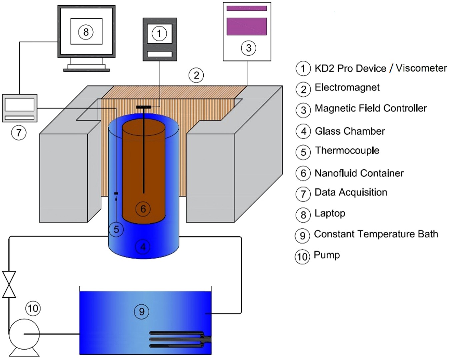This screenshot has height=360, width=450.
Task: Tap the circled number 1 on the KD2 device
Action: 159,33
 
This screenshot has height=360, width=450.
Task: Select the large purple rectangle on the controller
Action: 247,26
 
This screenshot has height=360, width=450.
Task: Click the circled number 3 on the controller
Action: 248,48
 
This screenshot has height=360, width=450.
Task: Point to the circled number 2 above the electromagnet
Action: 196,75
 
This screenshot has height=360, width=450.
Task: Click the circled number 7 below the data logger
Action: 19,133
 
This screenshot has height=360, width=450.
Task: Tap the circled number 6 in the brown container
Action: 143,209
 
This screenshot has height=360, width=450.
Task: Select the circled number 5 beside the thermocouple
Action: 116,230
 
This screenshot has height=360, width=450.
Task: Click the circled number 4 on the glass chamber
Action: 143,247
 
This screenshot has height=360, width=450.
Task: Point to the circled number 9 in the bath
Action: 142,312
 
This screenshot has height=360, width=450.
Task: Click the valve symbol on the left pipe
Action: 9,284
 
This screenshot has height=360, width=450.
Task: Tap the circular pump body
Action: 24,334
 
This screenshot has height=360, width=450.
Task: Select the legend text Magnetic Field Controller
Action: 370,108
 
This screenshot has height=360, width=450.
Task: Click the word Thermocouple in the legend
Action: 347,150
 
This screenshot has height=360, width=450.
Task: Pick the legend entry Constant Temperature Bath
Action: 376,234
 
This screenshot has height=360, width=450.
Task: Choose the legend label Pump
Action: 327,255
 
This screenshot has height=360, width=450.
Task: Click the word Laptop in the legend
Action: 330,213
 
